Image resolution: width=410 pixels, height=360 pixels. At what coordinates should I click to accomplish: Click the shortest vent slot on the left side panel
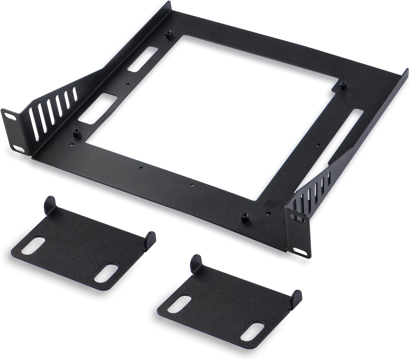click(x=74, y=93)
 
